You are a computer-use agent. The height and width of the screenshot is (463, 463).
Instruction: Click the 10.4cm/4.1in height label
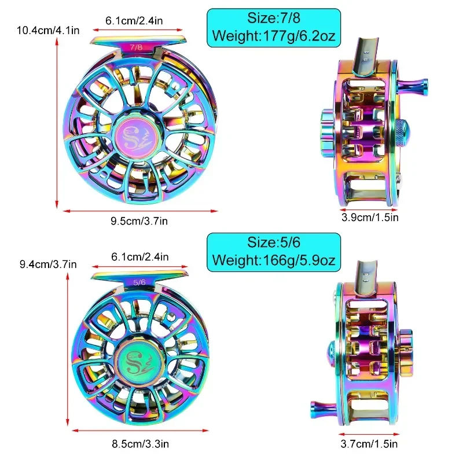pyautogui.click(x=48, y=31)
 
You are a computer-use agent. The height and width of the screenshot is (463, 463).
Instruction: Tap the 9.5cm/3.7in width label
pyautogui.click(x=139, y=221)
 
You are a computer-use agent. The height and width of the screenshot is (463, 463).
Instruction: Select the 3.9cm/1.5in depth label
pyautogui.click(x=370, y=218)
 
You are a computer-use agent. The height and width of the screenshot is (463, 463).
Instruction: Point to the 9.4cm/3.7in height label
pyautogui.click(x=48, y=264)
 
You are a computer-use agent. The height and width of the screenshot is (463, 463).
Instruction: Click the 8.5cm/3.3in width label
pyautogui.click(x=140, y=444)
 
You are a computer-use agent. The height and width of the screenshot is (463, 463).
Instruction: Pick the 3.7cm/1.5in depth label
pyautogui.click(x=369, y=444)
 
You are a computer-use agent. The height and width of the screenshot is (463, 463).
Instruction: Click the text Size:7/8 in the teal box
pyautogui.click(x=274, y=18)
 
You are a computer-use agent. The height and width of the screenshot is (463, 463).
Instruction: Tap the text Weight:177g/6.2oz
pyautogui.click(x=274, y=36)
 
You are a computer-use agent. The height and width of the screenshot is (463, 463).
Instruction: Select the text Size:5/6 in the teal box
pyautogui.click(x=274, y=242)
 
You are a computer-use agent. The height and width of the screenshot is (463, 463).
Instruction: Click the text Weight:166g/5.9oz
pyautogui.click(x=274, y=260)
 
